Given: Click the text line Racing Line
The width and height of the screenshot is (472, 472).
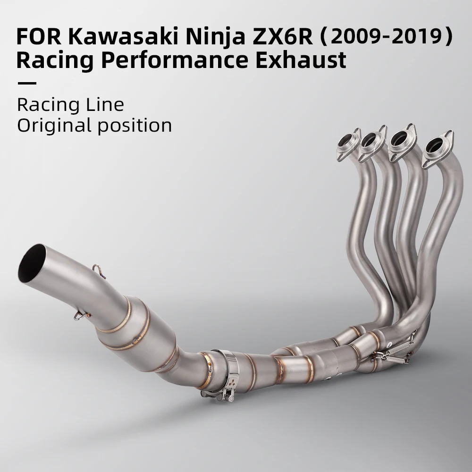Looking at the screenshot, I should pos(70,104).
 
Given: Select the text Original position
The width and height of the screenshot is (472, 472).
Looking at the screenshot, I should pos(94,126).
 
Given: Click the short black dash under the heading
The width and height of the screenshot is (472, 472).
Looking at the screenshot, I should pos(26,84).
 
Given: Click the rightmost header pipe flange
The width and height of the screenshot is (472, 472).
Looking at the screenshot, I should pos(438,147).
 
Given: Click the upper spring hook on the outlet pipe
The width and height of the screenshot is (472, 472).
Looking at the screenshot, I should pos(98,270).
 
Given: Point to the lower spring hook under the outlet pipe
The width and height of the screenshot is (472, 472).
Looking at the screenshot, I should pos(78,315).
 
